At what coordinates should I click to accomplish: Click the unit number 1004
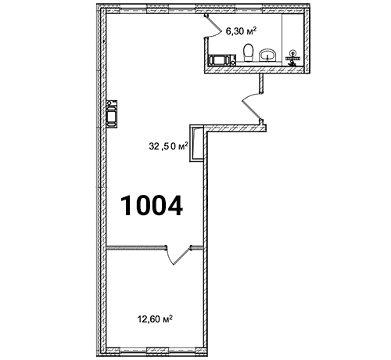coord(152,206)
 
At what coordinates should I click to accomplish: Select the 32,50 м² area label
coord(168,146)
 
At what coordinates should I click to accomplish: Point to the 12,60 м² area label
coord(155,319)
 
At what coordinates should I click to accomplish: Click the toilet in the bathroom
coord(248,52)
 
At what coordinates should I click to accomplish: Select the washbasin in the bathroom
coord(267,55)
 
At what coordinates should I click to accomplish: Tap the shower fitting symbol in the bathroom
coord(292,58)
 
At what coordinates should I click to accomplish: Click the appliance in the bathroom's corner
coord(222,59)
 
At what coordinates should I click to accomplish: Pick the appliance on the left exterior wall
coord(112,114)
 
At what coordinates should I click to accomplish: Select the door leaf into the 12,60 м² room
coord(182,256)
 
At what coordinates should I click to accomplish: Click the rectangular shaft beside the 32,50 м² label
coord(196,143)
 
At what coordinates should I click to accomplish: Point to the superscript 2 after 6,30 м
coord(255,30)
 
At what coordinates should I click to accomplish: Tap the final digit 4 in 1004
coord(174,206)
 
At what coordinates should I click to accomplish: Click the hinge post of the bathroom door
coord(206,15)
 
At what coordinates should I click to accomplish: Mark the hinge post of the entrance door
coord(261,121)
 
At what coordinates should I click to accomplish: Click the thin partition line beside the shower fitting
coord(282,38)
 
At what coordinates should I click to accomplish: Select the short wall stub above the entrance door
coord(261,83)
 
